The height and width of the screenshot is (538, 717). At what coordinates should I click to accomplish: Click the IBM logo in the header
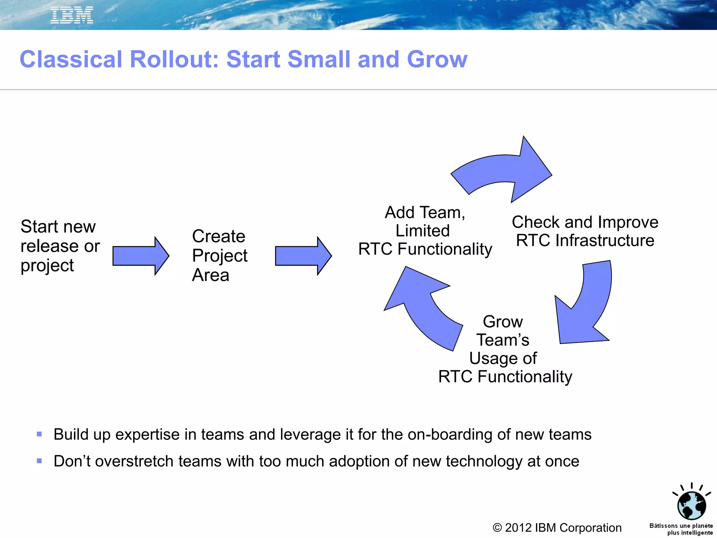72,15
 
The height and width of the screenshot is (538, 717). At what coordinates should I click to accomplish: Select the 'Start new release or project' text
60,246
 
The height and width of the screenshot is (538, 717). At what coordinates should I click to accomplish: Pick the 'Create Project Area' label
220,255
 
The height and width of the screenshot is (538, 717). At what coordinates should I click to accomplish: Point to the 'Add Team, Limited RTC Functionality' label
425,231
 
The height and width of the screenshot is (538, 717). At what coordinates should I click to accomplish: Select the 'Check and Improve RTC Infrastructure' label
585,231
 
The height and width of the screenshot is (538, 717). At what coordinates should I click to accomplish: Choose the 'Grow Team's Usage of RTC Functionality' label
504,349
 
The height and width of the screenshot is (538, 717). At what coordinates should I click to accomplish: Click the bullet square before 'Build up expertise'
39,434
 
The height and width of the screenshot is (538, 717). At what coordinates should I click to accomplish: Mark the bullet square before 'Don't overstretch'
39,461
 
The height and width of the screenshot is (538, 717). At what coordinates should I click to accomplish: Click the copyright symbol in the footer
497,528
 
